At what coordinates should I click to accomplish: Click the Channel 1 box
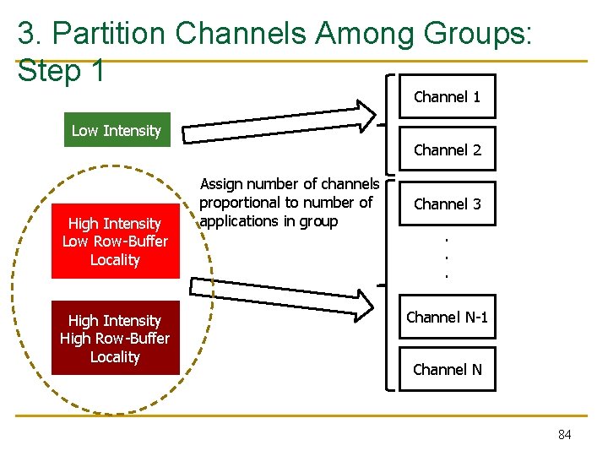pos(447,97)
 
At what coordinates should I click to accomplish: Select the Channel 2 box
pos(447,150)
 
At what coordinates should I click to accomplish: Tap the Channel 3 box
pos(447,204)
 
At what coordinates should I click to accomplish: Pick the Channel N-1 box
pos(447,318)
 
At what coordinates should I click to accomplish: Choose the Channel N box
pos(447,369)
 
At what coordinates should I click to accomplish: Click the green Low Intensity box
pos(117,130)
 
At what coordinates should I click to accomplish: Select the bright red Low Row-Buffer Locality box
pos(116,242)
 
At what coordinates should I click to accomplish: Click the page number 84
pos(564,434)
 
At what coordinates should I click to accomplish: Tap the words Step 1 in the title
pos(61,71)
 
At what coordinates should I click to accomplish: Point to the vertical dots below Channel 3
pos(446,258)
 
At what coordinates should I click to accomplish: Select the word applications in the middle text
pos(239,221)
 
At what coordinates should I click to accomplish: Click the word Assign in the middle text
pos(220,184)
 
